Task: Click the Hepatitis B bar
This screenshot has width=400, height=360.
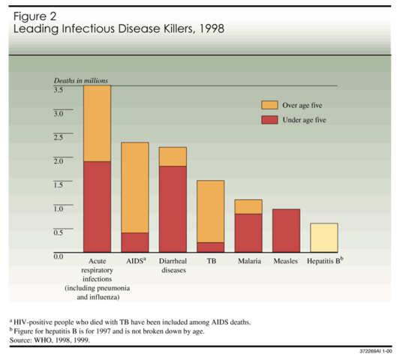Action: tap(323, 238)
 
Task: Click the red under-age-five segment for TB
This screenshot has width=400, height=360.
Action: tap(210, 247)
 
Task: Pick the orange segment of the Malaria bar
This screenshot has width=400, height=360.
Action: tap(248, 206)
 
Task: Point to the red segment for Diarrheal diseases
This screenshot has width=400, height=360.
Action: tap(173, 208)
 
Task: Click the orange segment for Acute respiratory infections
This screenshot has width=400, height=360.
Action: tap(97, 124)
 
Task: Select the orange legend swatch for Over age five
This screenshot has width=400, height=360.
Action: tap(269, 105)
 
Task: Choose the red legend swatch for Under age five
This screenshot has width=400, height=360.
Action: tap(269, 119)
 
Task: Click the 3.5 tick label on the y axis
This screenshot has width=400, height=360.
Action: tap(58, 89)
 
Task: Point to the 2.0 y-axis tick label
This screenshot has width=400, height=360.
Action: tap(58, 160)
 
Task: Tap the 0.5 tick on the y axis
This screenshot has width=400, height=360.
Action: tap(58, 232)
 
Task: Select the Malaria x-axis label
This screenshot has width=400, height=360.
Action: tap(249, 262)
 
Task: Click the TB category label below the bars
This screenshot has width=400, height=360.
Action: tap(211, 262)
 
